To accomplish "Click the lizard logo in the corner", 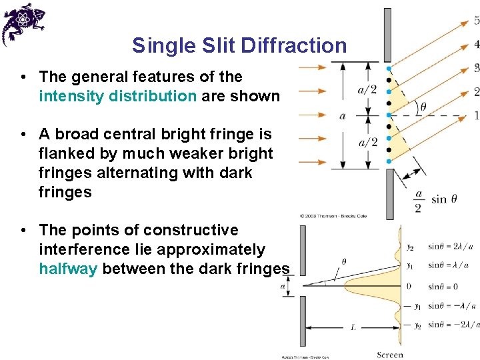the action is tap(23, 23).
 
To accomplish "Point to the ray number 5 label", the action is tap(477, 21).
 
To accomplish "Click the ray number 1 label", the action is tap(476, 115).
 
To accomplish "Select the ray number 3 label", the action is tap(476, 67).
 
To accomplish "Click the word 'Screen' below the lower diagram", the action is tap(390, 355).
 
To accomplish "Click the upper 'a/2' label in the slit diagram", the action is tap(367, 90).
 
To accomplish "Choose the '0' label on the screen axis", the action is tap(408, 286).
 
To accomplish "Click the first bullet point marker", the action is tap(23, 77).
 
